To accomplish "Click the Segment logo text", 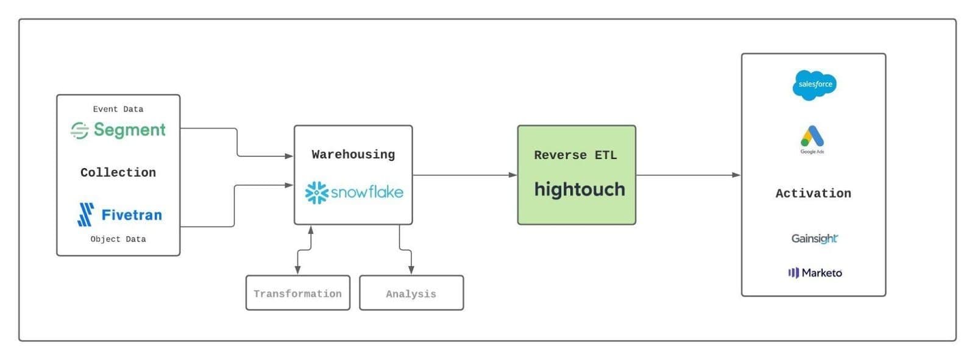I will [x=129, y=130].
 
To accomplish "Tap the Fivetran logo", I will [x=120, y=214].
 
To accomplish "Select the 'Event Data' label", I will [x=118, y=109].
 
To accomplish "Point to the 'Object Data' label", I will [x=118, y=239].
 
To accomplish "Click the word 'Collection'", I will [x=118, y=172].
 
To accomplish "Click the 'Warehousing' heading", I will [x=353, y=155].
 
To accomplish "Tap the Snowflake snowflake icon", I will [x=316, y=192].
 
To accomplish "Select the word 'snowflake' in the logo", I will [x=367, y=192].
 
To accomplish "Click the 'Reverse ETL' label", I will [x=575, y=155].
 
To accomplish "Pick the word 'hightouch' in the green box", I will [x=580, y=189].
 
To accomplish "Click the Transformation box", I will [x=298, y=293].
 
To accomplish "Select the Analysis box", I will [x=411, y=293].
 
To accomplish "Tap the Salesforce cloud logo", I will [x=815, y=85].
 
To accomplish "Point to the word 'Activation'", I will [x=813, y=193].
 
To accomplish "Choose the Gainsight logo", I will [x=814, y=238].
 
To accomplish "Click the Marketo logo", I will [x=815, y=273].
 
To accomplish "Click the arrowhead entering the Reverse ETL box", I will [x=513, y=175].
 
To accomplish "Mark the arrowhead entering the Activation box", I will [x=737, y=175].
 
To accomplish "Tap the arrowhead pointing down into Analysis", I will [x=411, y=270].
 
